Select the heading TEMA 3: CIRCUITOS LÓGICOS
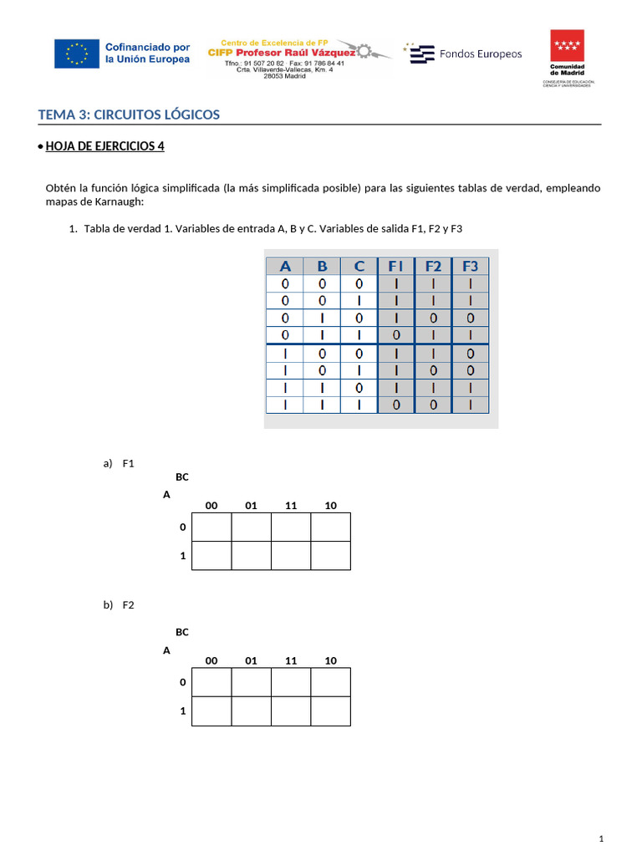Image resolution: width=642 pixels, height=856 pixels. pos(130,115)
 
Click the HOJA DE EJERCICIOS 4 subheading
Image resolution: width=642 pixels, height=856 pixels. pos(104,146)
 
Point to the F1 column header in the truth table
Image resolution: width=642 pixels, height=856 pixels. pos(396,267)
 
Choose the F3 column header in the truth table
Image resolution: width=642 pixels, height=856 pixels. pos(470,267)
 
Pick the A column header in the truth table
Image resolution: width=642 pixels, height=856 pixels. pos(286,267)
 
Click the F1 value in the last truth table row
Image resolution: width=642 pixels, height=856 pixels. pos(396,405)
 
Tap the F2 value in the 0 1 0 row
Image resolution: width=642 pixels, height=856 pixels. pos(433,318)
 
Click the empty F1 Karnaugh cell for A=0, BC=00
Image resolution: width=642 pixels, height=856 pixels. pos(211,527)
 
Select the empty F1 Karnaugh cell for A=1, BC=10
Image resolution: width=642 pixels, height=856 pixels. pos(330,556)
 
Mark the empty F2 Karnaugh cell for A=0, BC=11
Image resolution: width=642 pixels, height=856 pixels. pos(291,682)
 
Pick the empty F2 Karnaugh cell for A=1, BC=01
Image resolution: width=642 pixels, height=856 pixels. pos(252,711)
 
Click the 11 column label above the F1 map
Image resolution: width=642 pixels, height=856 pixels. pos(291,505)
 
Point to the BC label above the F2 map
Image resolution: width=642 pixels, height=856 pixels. pos(182,632)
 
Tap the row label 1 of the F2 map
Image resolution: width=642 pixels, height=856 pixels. pos(182,711)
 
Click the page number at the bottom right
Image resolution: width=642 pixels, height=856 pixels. pos(601,838)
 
